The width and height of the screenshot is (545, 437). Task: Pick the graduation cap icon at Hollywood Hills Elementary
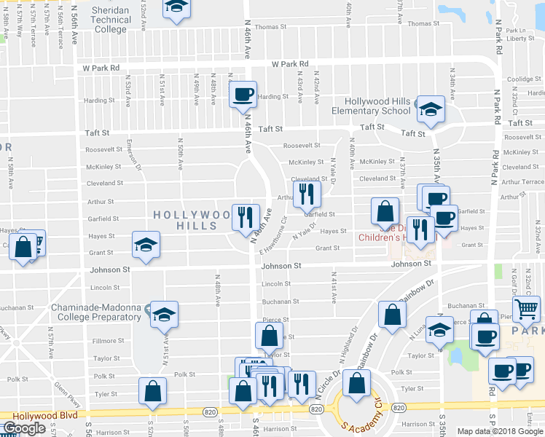(x=431, y=111)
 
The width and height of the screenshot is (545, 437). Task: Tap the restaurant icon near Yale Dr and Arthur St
(x=306, y=193)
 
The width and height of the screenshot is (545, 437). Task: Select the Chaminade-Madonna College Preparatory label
(x=95, y=312)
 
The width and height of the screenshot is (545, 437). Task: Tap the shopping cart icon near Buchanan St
(x=526, y=308)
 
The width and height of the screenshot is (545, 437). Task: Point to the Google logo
(x=23, y=428)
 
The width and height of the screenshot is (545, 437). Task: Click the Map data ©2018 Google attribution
(x=501, y=431)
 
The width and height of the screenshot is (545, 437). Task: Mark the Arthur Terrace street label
(x=524, y=181)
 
